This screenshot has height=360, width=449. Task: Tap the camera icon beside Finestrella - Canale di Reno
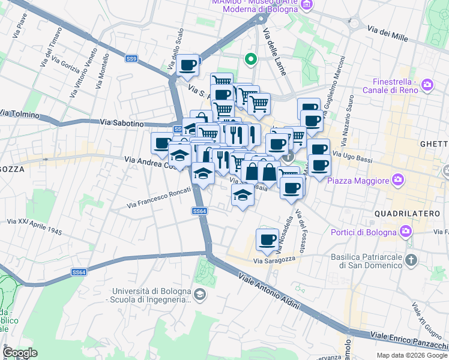[427, 84]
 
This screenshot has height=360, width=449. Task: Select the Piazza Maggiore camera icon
[397, 179]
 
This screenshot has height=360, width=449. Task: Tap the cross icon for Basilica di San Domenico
[411, 260]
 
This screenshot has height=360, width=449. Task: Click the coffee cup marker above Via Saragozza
[267, 239]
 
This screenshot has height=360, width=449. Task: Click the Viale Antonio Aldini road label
[268, 291]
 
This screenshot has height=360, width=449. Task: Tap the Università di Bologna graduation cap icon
[200, 294]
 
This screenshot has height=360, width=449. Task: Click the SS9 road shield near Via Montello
[131, 59]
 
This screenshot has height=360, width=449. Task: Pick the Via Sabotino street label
[123, 122]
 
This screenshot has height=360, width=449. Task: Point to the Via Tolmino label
[20, 113]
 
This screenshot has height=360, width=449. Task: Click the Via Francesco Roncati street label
[158, 198]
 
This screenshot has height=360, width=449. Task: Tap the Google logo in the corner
[19, 352]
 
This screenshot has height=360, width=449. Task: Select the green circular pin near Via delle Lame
[250, 59]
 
